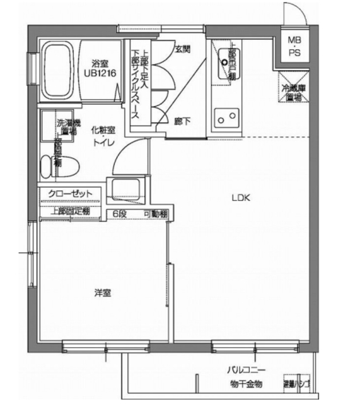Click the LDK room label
coord(241,198)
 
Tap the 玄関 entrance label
coord(183,48)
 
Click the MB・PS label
coord(295,47)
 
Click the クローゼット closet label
coord(70,193)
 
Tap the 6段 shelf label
coord(120,214)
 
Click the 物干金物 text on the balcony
coord(246,384)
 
